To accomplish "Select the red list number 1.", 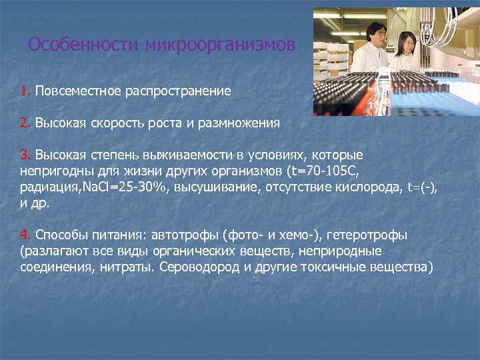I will tap(25, 90).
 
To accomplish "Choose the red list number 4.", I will tap(25, 235).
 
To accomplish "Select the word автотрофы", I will tap(188, 235).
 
